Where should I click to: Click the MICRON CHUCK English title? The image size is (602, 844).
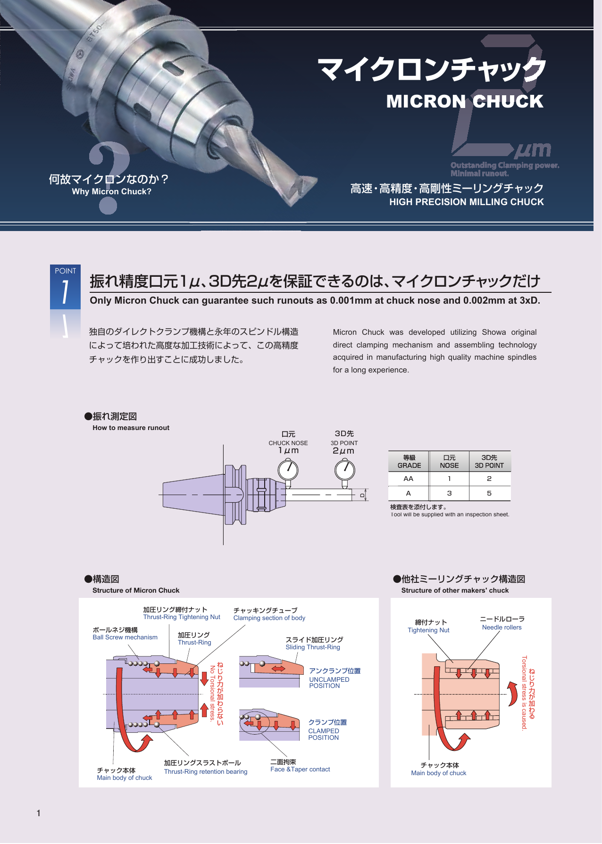465,101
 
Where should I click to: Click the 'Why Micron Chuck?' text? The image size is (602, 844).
112,191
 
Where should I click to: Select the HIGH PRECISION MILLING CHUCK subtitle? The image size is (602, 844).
467,202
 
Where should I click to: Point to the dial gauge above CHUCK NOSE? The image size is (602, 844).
288,470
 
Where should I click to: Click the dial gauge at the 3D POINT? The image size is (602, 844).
345,470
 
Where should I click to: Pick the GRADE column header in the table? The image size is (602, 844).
409,462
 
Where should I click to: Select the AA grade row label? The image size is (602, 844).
409,479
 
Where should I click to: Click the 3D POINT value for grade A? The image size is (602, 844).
489,493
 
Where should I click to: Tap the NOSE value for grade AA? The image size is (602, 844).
449,479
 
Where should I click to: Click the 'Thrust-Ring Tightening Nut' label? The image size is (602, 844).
182,617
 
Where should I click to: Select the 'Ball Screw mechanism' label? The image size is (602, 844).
125,637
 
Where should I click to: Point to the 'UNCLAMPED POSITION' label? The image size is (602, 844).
329,683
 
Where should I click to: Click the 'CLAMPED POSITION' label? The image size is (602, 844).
324,734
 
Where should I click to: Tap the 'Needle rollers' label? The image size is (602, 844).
502,627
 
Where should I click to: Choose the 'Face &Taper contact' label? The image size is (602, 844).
300,769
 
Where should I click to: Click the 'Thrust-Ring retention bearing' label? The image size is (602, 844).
206,771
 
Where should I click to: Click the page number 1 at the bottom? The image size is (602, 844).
39,813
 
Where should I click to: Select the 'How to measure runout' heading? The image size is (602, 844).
131,428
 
